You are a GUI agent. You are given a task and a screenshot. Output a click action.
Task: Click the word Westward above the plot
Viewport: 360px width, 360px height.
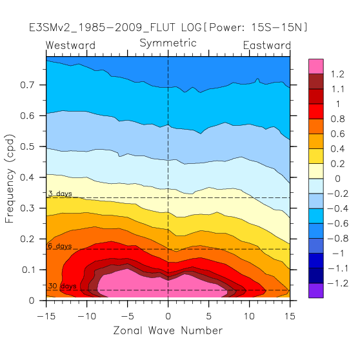[70, 45]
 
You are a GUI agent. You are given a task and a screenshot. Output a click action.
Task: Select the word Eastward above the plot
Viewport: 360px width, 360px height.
[267, 45]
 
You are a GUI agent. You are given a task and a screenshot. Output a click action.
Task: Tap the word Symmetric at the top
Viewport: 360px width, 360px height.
[168, 43]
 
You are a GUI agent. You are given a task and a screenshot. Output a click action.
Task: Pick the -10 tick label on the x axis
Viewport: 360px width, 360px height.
[87, 316]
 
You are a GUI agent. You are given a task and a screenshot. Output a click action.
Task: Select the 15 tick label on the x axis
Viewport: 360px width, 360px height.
[290, 316]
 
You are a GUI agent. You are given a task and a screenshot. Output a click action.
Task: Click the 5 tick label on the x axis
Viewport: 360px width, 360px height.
[208, 316]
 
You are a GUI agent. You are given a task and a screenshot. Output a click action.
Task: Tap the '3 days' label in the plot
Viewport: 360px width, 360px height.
[60, 194]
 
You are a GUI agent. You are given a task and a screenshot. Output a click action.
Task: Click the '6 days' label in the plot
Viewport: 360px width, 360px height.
[60, 246]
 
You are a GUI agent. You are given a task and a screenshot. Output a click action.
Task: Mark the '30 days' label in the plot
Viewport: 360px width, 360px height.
[62, 286]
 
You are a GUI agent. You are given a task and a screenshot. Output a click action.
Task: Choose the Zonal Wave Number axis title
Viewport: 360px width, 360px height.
[168, 330]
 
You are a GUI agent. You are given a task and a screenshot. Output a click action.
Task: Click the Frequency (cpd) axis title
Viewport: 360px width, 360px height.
[10, 179]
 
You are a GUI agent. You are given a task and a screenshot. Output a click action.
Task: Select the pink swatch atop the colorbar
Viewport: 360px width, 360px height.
[316, 66]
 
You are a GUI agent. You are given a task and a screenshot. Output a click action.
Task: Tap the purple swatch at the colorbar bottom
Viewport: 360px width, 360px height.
[316, 290]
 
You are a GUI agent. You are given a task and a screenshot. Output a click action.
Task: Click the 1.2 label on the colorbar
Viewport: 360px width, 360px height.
[337, 74]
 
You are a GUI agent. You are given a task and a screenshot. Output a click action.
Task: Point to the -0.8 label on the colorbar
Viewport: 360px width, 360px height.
[337, 238]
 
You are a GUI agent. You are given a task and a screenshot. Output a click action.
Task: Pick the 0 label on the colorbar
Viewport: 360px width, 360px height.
[337, 179]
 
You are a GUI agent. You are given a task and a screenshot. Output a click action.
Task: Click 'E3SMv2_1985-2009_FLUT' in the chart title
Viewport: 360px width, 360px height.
[102, 28]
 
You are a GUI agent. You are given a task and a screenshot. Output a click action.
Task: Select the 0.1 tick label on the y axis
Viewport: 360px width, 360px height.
[28, 270]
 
